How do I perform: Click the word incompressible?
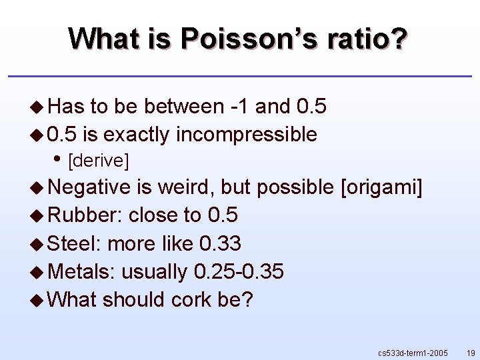click(247, 135)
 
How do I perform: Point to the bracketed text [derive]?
click(99, 161)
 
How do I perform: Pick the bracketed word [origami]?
click(381, 188)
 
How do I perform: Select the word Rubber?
click(86, 215)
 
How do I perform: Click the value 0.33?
click(220, 243)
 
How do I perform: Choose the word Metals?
click(83, 271)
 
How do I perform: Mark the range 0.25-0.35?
click(239, 271)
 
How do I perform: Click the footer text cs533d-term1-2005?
click(412, 351)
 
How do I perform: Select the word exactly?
click(137, 135)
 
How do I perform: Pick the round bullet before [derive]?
click(60, 159)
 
